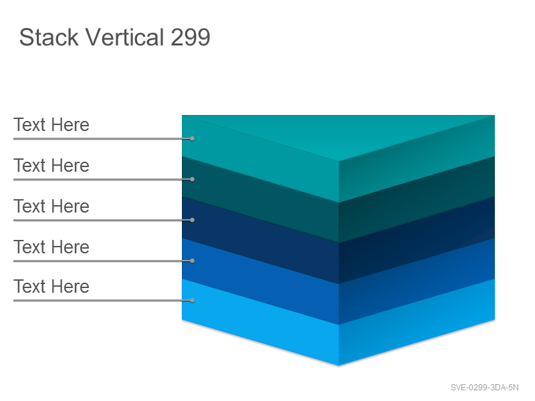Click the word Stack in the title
(49, 37)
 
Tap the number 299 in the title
(191, 37)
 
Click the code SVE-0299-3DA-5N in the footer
(484, 388)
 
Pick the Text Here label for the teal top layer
(51, 125)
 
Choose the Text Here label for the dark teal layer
(51, 166)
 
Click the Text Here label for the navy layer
(51, 207)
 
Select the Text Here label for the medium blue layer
(51, 247)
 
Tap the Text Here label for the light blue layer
(51, 287)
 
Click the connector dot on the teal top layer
(193, 138)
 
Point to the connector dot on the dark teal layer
(193, 179)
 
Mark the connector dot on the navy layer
(193, 221)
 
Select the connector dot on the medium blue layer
(193, 261)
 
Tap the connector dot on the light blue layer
(193, 300)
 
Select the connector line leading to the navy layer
(103, 221)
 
